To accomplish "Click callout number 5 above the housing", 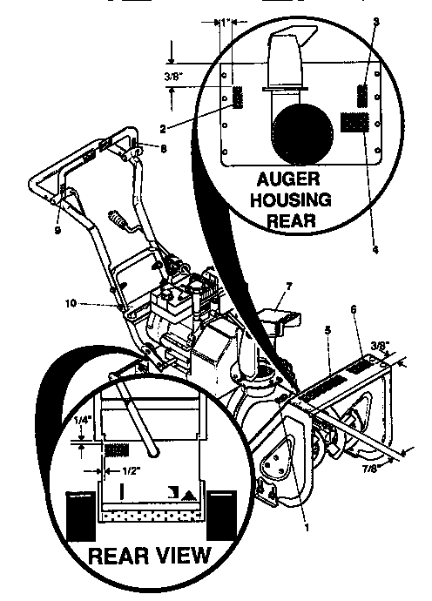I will (x=328, y=330).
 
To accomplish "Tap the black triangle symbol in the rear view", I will (x=189, y=493).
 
